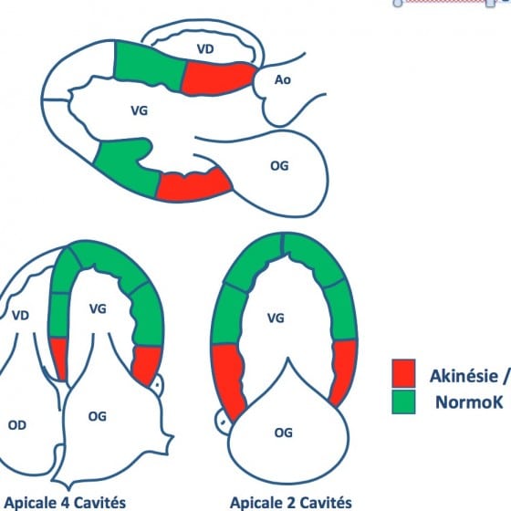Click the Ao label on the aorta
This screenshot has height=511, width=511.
pos(283,80)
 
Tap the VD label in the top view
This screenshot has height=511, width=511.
pos(205,49)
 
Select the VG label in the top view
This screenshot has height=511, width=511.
pos(139,110)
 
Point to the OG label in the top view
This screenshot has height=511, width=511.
pos(279,166)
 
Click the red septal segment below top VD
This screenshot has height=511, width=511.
pos(217,78)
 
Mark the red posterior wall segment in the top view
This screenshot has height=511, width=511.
pos(194,184)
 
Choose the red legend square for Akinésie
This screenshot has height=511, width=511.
pos(403,373)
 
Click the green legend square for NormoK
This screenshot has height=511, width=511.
pos(403,401)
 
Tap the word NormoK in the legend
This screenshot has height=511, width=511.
pos(469,402)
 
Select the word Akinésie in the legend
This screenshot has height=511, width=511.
pos(464,376)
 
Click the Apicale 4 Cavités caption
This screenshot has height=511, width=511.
pos(65,502)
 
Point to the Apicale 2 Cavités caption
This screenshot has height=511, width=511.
pos(291,502)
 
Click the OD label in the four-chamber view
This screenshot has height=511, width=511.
pos(17,425)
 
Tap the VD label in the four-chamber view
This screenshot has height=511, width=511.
pos(20,316)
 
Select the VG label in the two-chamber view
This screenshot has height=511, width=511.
pos(276,318)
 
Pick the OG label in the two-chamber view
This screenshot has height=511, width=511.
pos(284,433)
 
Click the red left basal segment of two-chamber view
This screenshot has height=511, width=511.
pos(228,381)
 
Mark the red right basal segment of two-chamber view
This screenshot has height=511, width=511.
pos(343,371)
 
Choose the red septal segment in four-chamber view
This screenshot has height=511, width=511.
pos(59,359)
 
